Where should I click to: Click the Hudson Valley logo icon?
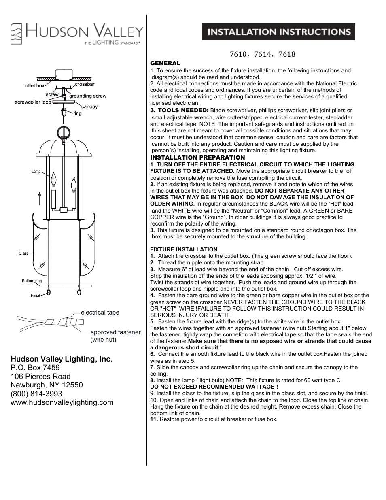click(x=16, y=34)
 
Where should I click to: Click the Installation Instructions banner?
click(x=278, y=32)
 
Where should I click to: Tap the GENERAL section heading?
click(x=165, y=63)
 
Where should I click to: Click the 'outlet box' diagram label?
click(x=34, y=86)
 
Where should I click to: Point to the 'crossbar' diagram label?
click(x=85, y=84)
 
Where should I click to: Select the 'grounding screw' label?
click(x=87, y=96)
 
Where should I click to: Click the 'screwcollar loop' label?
click(x=33, y=102)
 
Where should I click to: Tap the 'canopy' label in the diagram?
click(x=89, y=106)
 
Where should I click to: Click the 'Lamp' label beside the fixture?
click(x=36, y=172)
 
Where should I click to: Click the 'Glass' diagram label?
click(x=23, y=253)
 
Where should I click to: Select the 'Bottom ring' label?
click(x=32, y=281)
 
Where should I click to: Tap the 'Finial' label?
click(x=35, y=296)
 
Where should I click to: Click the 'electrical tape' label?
click(x=100, y=313)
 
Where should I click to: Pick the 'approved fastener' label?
click(x=115, y=332)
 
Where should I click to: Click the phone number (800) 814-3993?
click(x=36, y=394)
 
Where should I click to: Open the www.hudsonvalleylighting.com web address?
click(x=62, y=402)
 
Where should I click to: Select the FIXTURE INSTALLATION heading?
click(x=184, y=249)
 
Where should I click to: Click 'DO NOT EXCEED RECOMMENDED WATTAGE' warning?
click(x=214, y=387)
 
